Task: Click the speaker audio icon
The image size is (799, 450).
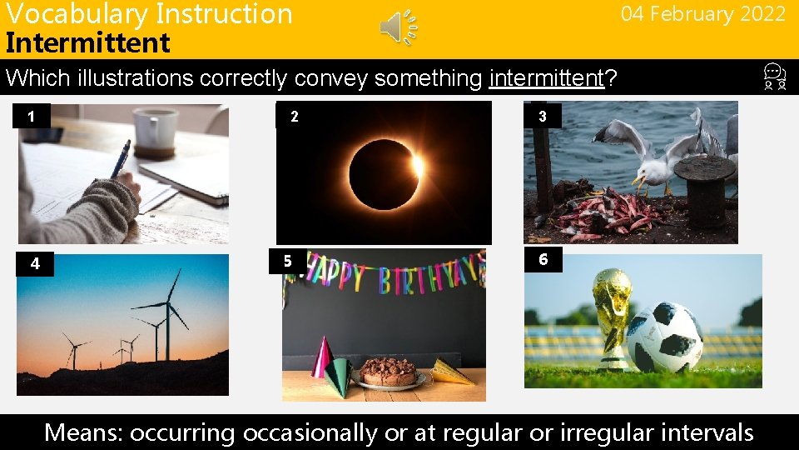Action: point(399,27)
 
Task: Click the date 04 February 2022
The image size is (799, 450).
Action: point(702,14)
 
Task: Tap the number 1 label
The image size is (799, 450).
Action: point(32,117)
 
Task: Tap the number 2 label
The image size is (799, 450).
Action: point(294,117)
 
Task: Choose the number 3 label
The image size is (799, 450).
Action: point(543,117)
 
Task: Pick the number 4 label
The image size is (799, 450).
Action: point(35,264)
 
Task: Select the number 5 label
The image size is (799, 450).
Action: point(288,262)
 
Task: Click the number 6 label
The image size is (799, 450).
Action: point(543,259)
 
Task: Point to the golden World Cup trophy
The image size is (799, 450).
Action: point(613,317)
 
